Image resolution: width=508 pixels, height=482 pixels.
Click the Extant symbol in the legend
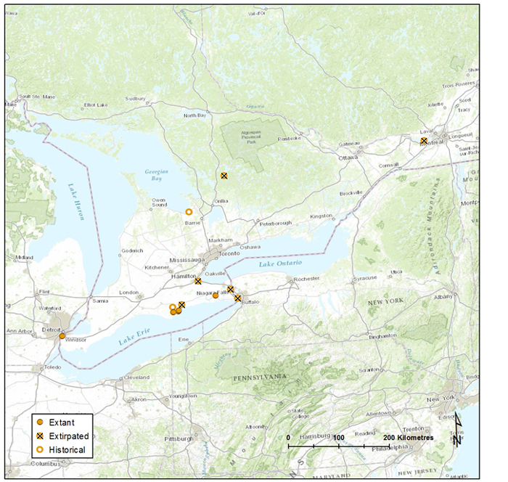click(x=41, y=422)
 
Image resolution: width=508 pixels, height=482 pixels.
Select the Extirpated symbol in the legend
click(x=41, y=436)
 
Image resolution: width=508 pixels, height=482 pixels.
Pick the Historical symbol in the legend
click(x=41, y=450)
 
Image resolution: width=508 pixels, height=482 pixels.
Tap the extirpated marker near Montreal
click(x=424, y=141)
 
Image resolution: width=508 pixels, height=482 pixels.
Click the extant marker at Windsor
click(x=62, y=336)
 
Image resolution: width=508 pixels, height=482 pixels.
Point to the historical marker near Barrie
click(x=189, y=212)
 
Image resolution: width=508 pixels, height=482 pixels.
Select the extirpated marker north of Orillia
click(x=224, y=176)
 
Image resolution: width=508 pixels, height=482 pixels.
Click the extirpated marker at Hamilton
click(x=198, y=281)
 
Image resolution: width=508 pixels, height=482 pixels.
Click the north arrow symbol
click(x=457, y=429)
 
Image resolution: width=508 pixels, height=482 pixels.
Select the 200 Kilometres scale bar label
click(x=409, y=438)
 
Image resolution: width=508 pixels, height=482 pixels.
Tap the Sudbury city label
click(x=136, y=99)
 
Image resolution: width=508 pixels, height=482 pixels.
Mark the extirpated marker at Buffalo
click(x=237, y=298)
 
